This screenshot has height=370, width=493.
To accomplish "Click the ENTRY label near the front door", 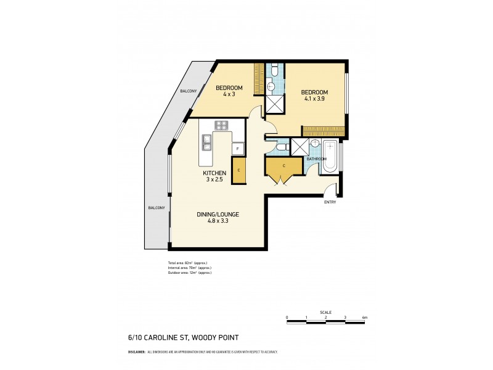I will click(x=331, y=202).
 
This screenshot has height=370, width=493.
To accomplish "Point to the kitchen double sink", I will click(x=206, y=143).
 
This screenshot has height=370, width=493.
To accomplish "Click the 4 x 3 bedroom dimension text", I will click(x=229, y=94).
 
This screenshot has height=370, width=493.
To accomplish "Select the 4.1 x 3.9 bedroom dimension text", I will click(x=316, y=97).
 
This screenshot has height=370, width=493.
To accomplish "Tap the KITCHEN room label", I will click(x=215, y=173).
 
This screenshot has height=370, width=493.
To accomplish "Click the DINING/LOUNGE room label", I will click(x=218, y=214).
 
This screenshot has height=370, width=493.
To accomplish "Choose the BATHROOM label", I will click(x=316, y=159).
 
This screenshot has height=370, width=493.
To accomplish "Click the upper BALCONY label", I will click(x=188, y=91).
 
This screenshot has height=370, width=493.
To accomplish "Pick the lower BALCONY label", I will click(x=156, y=208).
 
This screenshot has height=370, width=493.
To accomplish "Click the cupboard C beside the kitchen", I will click(x=238, y=170).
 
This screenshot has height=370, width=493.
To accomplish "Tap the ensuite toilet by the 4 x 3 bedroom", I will click(x=273, y=72).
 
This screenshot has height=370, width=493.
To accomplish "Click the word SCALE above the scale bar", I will click(x=325, y=312).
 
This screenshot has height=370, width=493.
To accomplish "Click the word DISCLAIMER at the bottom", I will click(x=136, y=351).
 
